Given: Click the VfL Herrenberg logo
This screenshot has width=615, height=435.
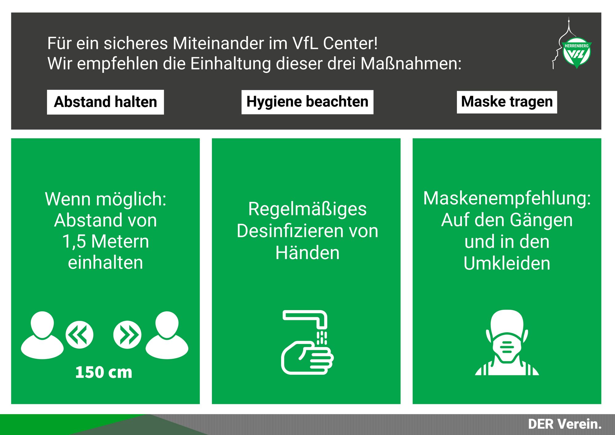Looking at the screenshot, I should point(576,52).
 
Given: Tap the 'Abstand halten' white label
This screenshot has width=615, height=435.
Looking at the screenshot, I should point(105,102).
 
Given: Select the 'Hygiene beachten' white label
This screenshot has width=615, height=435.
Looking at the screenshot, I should point(307,102).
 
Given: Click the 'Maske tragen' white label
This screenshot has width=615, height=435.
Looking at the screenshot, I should point(507,102).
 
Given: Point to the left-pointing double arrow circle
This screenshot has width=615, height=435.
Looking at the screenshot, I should point(79,335).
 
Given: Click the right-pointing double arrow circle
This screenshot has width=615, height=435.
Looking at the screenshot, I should point(127,335).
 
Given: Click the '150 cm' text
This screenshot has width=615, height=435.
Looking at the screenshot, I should point(104,372).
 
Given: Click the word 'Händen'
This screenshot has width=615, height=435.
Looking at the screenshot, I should point(307,253).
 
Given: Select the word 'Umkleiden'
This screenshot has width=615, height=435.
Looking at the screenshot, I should point(507,263).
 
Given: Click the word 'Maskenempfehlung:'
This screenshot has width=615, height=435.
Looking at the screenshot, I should point(507,198).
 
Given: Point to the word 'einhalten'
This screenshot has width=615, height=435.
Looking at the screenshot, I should point(105,263).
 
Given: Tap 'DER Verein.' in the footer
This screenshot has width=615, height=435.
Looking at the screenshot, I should point(565,424).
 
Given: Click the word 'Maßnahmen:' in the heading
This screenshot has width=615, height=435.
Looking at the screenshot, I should point(411,64).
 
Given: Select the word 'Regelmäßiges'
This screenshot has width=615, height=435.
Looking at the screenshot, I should point(307,209).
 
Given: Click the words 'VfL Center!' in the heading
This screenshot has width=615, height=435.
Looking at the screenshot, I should point(335,43).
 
